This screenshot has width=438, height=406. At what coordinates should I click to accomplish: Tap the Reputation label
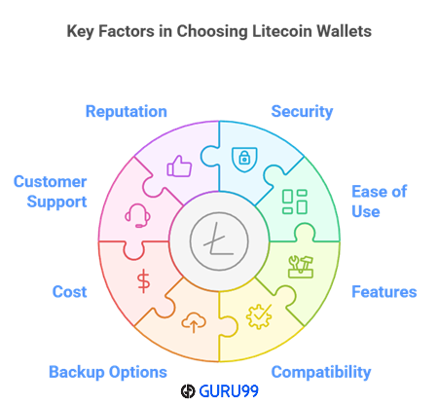pos(127,112)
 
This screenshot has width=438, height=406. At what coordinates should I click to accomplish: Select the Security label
pos(302,112)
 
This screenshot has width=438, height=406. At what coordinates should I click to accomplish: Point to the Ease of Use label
pos(379,202)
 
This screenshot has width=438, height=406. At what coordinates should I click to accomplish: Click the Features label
pos(384,292)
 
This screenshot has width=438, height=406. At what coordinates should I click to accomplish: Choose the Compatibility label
pos(321,372)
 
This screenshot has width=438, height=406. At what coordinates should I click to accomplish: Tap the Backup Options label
pos(108,372)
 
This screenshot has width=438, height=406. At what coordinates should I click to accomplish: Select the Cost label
pos(69,292)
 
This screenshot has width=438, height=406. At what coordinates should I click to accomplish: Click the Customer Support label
pos(51,192)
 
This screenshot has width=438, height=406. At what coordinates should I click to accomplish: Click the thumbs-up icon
pos(179,166)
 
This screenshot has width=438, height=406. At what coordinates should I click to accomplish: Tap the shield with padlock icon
pos(244,160)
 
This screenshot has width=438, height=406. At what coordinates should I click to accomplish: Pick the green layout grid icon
pos(295,202)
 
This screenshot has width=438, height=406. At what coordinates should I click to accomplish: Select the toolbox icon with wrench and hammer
pos(301,267)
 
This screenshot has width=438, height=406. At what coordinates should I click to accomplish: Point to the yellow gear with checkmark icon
pos(259,316)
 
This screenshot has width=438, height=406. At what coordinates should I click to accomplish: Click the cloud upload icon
pos(194,322)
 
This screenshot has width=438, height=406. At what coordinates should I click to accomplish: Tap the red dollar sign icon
pos(143,281)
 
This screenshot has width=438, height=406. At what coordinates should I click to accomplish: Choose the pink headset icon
pos(137,215)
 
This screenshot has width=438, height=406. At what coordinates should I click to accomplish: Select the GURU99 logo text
pos(229,391)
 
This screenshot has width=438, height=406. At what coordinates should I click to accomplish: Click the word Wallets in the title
pos(344,31)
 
